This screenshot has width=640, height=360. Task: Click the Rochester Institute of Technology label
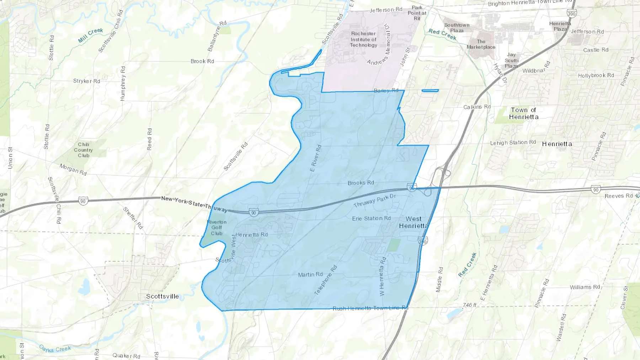(363, 39)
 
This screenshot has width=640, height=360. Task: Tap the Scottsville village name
(162, 296)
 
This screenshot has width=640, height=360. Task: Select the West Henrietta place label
(414, 222)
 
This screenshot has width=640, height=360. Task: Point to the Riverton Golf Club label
(217, 228)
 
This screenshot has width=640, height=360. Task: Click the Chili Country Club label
(84, 150)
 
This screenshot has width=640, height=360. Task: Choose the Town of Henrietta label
(523, 113)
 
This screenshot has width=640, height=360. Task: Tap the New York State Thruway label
(194, 204)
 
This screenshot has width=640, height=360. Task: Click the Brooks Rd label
(361, 183)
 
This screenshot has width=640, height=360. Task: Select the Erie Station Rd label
(371, 219)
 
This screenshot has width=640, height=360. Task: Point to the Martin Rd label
(310, 275)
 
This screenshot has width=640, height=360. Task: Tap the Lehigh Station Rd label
(513, 143)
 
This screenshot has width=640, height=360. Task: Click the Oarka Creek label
(55, 349)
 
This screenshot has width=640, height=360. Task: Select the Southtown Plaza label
(457, 28)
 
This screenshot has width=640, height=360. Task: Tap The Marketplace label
(481, 44)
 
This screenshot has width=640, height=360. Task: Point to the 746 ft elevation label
(469, 305)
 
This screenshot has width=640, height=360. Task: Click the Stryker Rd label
(86, 81)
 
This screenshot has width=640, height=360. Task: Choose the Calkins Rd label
(477, 107)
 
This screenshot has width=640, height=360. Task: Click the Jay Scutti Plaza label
(511, 60)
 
